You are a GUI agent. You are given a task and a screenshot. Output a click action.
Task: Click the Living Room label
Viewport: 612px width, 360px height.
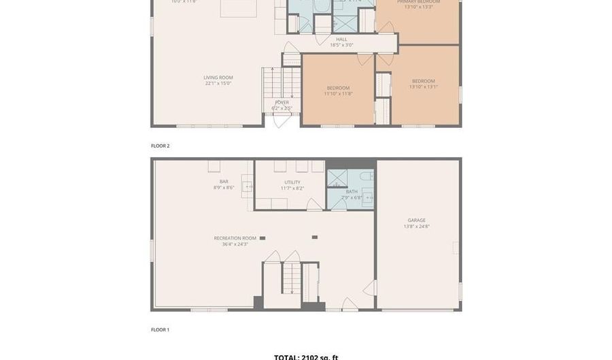pyautogui.click(x=218, y=78)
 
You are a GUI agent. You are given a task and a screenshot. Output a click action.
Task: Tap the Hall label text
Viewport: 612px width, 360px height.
pyautogui.click(x=341, y=39)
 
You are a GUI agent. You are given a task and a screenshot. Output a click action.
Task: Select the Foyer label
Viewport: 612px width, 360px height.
pyautogui.click(x=282, y=102)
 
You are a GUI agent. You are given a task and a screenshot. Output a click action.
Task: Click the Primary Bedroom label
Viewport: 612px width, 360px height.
pyautogui.click(x=418, y=2)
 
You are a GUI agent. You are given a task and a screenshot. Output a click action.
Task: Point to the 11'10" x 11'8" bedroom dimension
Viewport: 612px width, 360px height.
pyautogui.click(x=338, y=94)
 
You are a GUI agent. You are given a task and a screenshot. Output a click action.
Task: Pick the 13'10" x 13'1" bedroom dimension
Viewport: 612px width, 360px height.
pyautogui.click(x=423, y=87)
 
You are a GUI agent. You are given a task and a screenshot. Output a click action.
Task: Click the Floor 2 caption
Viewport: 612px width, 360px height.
pyautogui.click(x=160, y=146)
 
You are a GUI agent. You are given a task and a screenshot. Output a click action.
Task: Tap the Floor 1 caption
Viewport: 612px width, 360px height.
pyautogui.click(x=160, y=329)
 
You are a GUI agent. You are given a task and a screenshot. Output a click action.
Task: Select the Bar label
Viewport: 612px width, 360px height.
pyautogui.click(x=224, y=181)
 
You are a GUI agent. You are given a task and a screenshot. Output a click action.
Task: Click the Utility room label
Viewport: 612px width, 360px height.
pyautogui.click(x=292, y=182)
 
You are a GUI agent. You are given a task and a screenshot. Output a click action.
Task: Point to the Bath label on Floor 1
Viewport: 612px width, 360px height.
pyautogui.click(x=352, y=192)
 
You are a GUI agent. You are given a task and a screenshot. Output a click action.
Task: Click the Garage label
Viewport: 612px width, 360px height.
pyautogui.click(x=416, y=220)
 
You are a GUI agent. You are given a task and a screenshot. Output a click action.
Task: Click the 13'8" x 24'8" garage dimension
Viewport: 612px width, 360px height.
pyautogui.click(x=416, y=227)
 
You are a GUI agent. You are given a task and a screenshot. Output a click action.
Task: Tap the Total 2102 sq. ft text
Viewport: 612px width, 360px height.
pyautogui.click(x=306, y=357)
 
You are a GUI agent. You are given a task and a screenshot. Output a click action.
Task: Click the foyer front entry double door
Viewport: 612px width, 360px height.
pyautogui.click(x=282, y=121)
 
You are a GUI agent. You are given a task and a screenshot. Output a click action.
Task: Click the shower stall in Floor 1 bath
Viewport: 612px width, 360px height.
pyautogui.click(x=337, y=178)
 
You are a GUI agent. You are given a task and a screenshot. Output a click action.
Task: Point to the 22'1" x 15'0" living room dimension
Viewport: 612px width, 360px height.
pyautogui.click(x=218, y=84)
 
